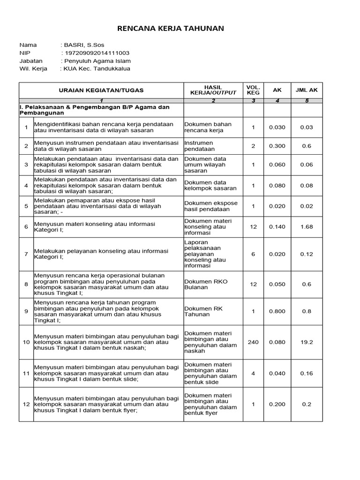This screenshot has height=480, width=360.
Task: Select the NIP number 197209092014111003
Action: click(x=97, y=53)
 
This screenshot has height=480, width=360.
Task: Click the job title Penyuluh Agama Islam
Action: click(x=97, y=61)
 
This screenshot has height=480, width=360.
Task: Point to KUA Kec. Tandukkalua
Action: click(x=97, y=69)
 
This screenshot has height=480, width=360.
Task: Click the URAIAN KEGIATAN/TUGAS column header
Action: click(x=101, y=90)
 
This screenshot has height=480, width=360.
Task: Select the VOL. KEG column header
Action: click(x=253, y=90)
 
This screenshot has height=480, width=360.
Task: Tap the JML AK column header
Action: click(x=307, y=90)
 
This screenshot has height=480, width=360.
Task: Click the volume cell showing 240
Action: click(x=253, y=342)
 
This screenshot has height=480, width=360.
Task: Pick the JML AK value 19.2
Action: click(x=307, y=342)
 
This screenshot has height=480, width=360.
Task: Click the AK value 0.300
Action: click(x=277, y=146)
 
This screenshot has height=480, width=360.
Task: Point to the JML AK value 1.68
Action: click(x=307, y=227)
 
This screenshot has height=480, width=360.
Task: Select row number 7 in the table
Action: click(x=26, y=254)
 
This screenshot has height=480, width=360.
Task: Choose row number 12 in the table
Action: click(x=26, y=404)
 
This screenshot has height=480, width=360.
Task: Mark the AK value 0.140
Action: click(x=277, y=227)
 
